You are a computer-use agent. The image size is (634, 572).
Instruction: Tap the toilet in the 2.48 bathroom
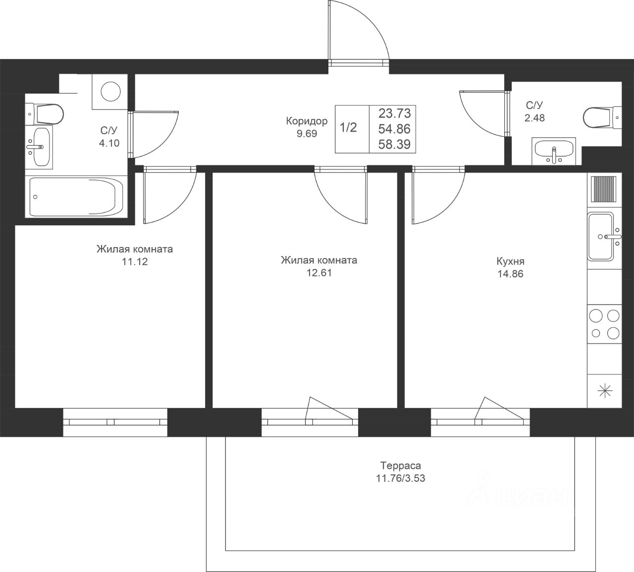click(x=602, y=117)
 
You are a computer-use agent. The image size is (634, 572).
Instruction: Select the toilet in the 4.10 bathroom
click(x=45, y=114)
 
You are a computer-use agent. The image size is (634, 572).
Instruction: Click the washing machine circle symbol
click(x=110, y=92)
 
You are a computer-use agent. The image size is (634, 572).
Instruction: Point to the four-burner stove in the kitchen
click(x=604, y=324)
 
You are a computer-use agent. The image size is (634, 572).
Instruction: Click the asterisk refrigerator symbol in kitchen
click(x=605, y=391)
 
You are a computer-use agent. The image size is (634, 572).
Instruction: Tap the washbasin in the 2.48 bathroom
click(x=554, y=151)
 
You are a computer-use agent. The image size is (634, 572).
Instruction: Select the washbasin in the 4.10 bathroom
click(x=39, y=147)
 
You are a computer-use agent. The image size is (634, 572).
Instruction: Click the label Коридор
click(x=307, y=121)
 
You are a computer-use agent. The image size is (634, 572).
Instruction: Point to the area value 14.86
click(x=511, y=274)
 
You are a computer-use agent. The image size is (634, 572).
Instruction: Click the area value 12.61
click(x=319, y=272)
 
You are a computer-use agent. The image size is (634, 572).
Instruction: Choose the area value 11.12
click(x=135, y=261)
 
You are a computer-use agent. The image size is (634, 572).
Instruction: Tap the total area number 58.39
click(x=394, y=145)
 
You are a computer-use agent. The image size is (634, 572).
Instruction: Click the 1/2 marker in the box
click(x=348, y=127)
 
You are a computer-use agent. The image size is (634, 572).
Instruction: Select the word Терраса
click(x=401, y=466)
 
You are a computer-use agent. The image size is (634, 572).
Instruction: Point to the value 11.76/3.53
click(x=400, y=478)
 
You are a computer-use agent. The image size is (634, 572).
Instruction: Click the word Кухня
click(x=511, y=261)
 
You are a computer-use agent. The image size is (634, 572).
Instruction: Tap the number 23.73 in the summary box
click(x=395, y=113)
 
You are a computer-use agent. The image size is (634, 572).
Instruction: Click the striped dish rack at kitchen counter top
click(x=604, y=189)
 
